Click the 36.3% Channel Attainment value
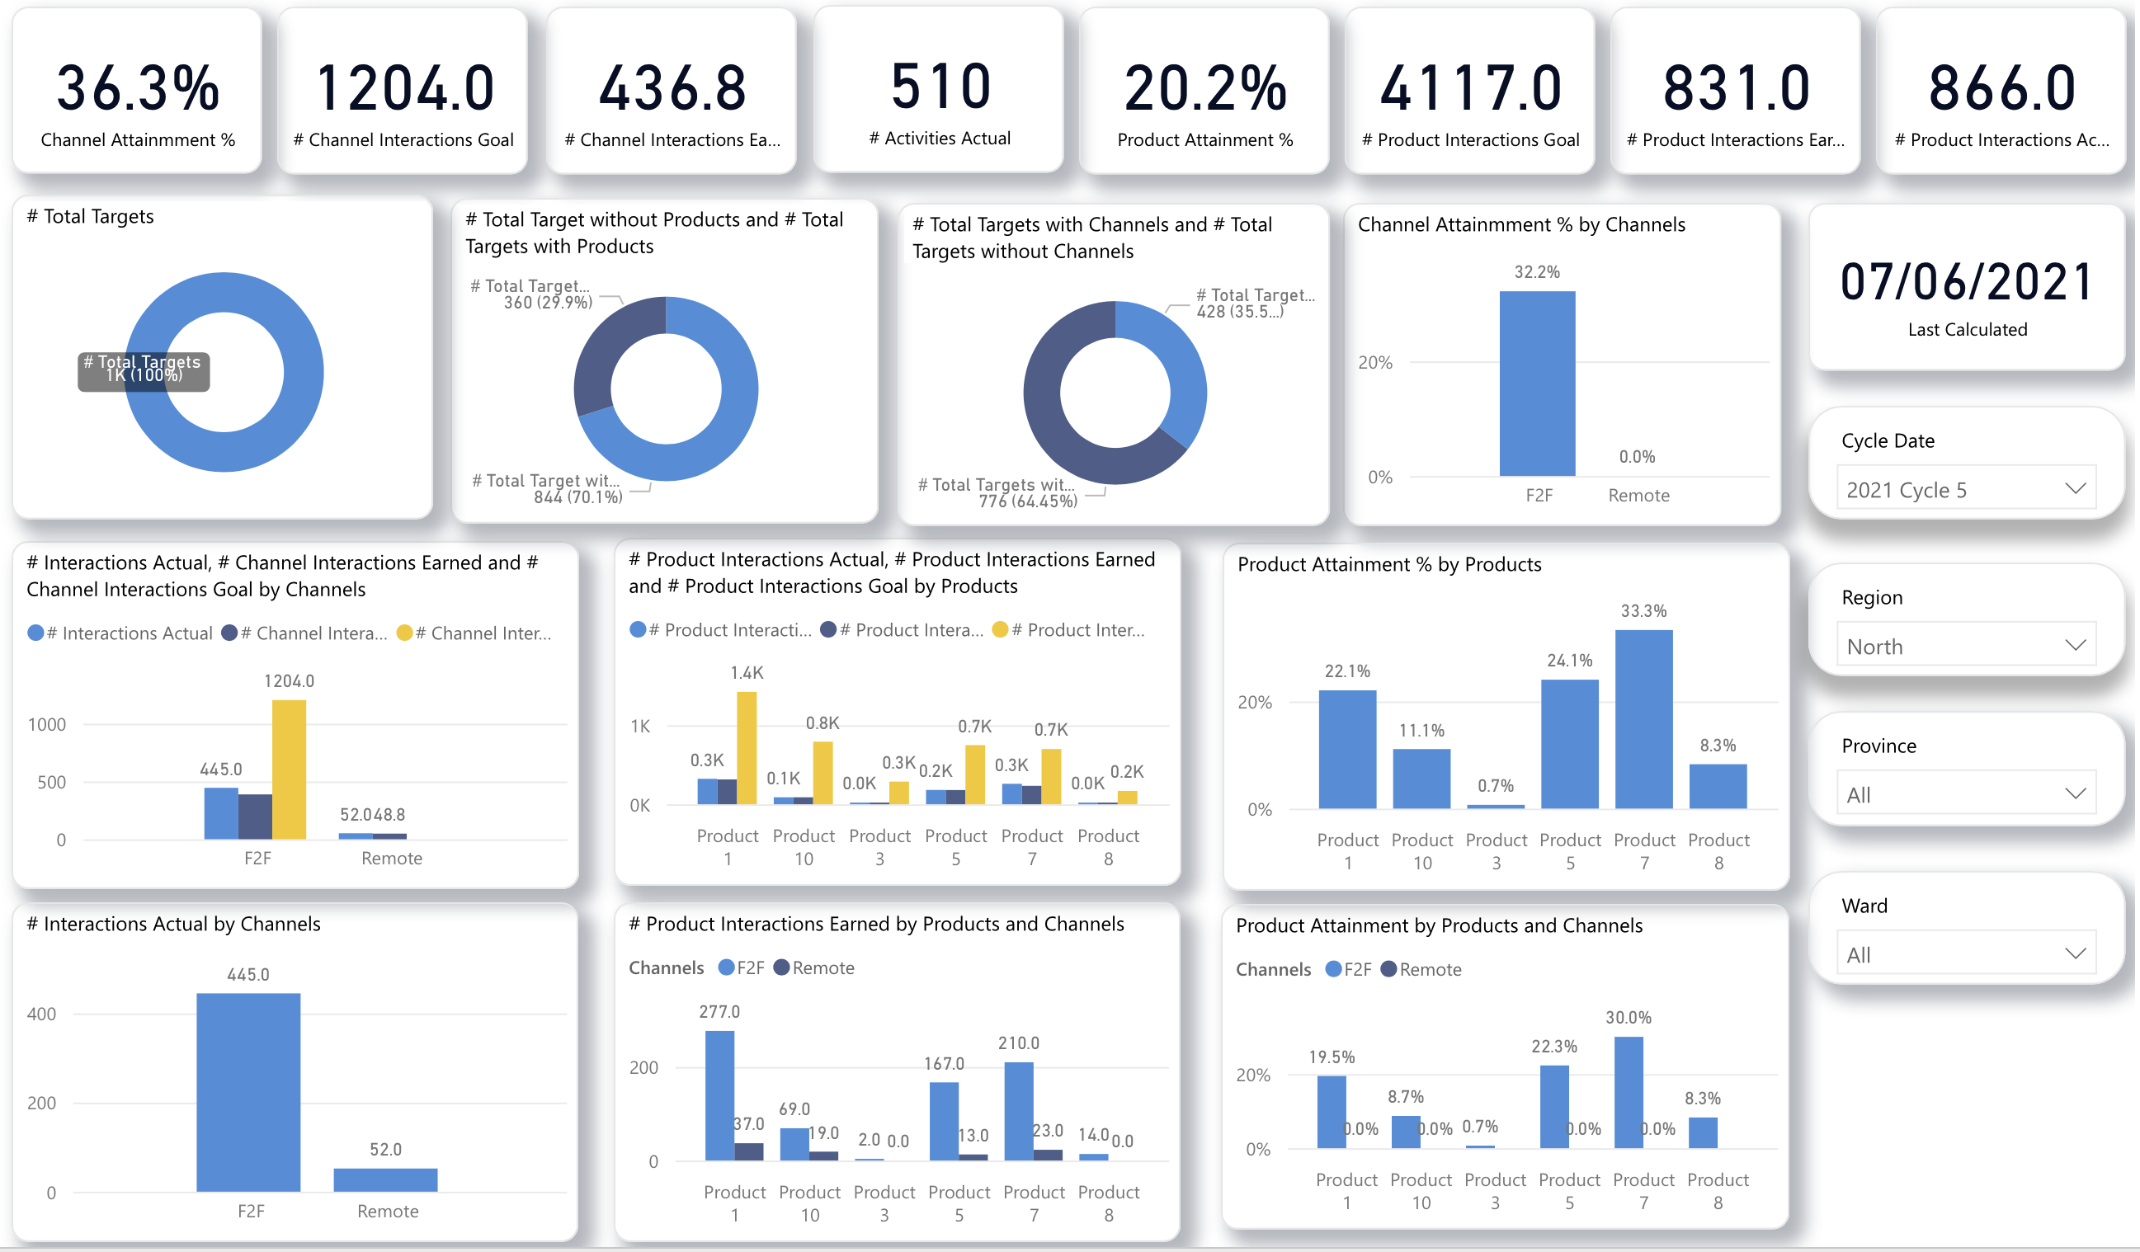pyautogui.click(x=138, y=88)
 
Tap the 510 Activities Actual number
pyautogui.click(x=941, y=87)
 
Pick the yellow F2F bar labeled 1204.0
pyautogui.click(x=290, y=770)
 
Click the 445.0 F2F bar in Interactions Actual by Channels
pyautogui.click(x=249, y=1094)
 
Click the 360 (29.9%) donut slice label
pyautogui.click(x=549, y=303)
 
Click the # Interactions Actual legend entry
pyautogui.click(x=120, y=634)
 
